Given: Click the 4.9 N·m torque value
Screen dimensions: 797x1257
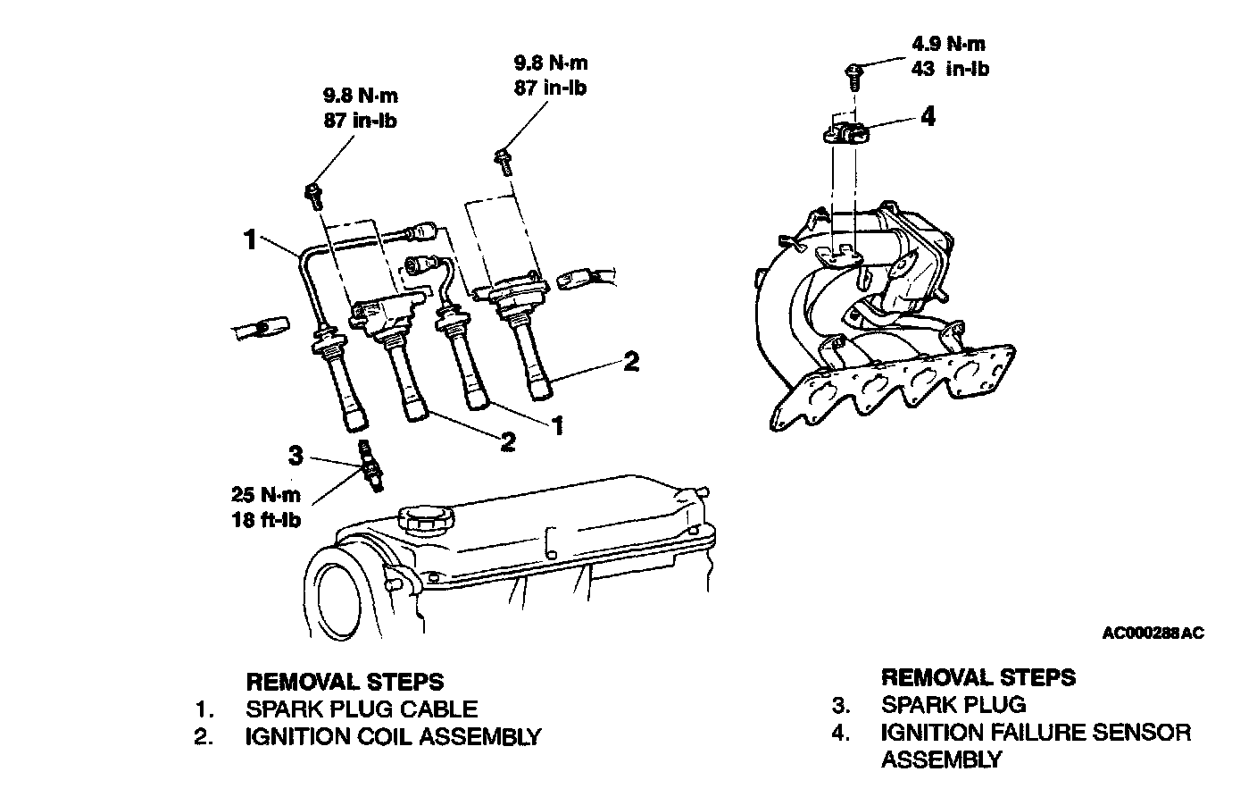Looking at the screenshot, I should click(x=949, y=44).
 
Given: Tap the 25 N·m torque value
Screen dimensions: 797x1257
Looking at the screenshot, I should click(x=267, y=497).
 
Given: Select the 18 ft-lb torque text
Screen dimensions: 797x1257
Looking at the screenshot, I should click(x=267, y=521).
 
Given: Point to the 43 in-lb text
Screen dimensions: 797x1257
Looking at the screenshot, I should click(x=950, y=68).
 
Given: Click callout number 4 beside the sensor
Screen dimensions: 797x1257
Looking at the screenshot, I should click(x=928, y=116).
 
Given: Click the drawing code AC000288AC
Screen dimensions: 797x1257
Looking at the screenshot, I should click(x=1153, y=633).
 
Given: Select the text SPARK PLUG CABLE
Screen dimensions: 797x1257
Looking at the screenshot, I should click(x=362, y=709).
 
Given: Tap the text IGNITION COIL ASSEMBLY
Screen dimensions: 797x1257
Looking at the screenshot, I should click(x=393, y=736).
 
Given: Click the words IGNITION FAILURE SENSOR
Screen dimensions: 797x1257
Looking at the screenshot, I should click(x=1036, y=733).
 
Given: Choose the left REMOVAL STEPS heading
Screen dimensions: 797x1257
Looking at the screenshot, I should click(x=345, y=683).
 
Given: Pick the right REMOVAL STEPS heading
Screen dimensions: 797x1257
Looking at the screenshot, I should click(x=978, y=677).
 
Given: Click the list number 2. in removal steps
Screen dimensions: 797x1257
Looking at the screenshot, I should click(x=205, y=737).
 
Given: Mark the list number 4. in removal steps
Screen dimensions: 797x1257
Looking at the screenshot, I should click(x=841, y=733).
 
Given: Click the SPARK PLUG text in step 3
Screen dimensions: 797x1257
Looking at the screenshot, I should click(x=953, y=705).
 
